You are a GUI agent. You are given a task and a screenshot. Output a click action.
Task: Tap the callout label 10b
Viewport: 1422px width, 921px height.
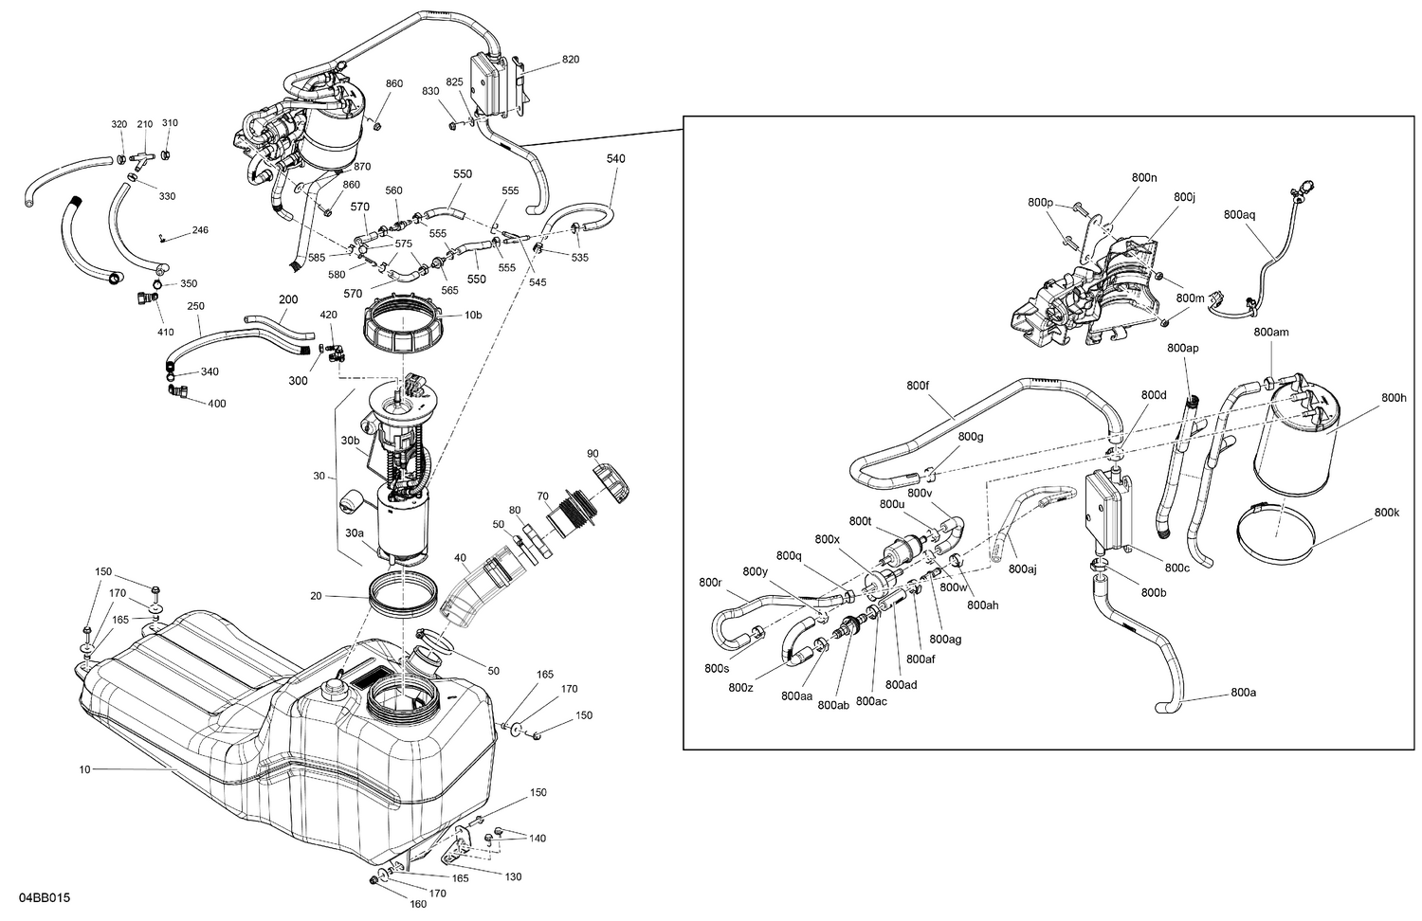[472, 315]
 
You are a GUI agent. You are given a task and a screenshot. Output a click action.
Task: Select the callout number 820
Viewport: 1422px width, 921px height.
[570, 60]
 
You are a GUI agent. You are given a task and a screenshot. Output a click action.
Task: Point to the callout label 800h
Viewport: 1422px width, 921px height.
[1394, 398]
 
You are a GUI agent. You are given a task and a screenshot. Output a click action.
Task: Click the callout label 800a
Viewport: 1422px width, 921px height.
[1243, 693]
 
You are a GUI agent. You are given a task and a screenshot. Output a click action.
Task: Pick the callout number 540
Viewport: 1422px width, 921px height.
[615, 159]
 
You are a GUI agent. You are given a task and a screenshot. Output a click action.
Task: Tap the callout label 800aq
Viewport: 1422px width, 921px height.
[1239, 215]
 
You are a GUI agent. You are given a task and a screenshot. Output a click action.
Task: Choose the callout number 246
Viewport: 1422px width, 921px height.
[199, 230]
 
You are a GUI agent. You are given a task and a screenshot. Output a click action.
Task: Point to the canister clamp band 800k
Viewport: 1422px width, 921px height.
[1275, 528]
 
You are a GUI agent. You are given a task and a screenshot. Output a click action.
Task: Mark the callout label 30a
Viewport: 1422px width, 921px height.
[354, 533]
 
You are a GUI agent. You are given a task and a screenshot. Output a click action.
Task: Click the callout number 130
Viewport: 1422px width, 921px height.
[512, 876]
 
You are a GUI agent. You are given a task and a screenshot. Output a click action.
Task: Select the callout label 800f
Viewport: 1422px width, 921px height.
[918, 386]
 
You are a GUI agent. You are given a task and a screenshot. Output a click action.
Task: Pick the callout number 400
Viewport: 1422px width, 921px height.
[216, 404]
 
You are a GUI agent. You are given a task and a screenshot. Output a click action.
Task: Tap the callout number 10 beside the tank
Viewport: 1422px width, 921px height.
[84, 769]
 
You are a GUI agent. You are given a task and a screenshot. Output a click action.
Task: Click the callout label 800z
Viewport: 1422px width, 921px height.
[742, 687]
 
